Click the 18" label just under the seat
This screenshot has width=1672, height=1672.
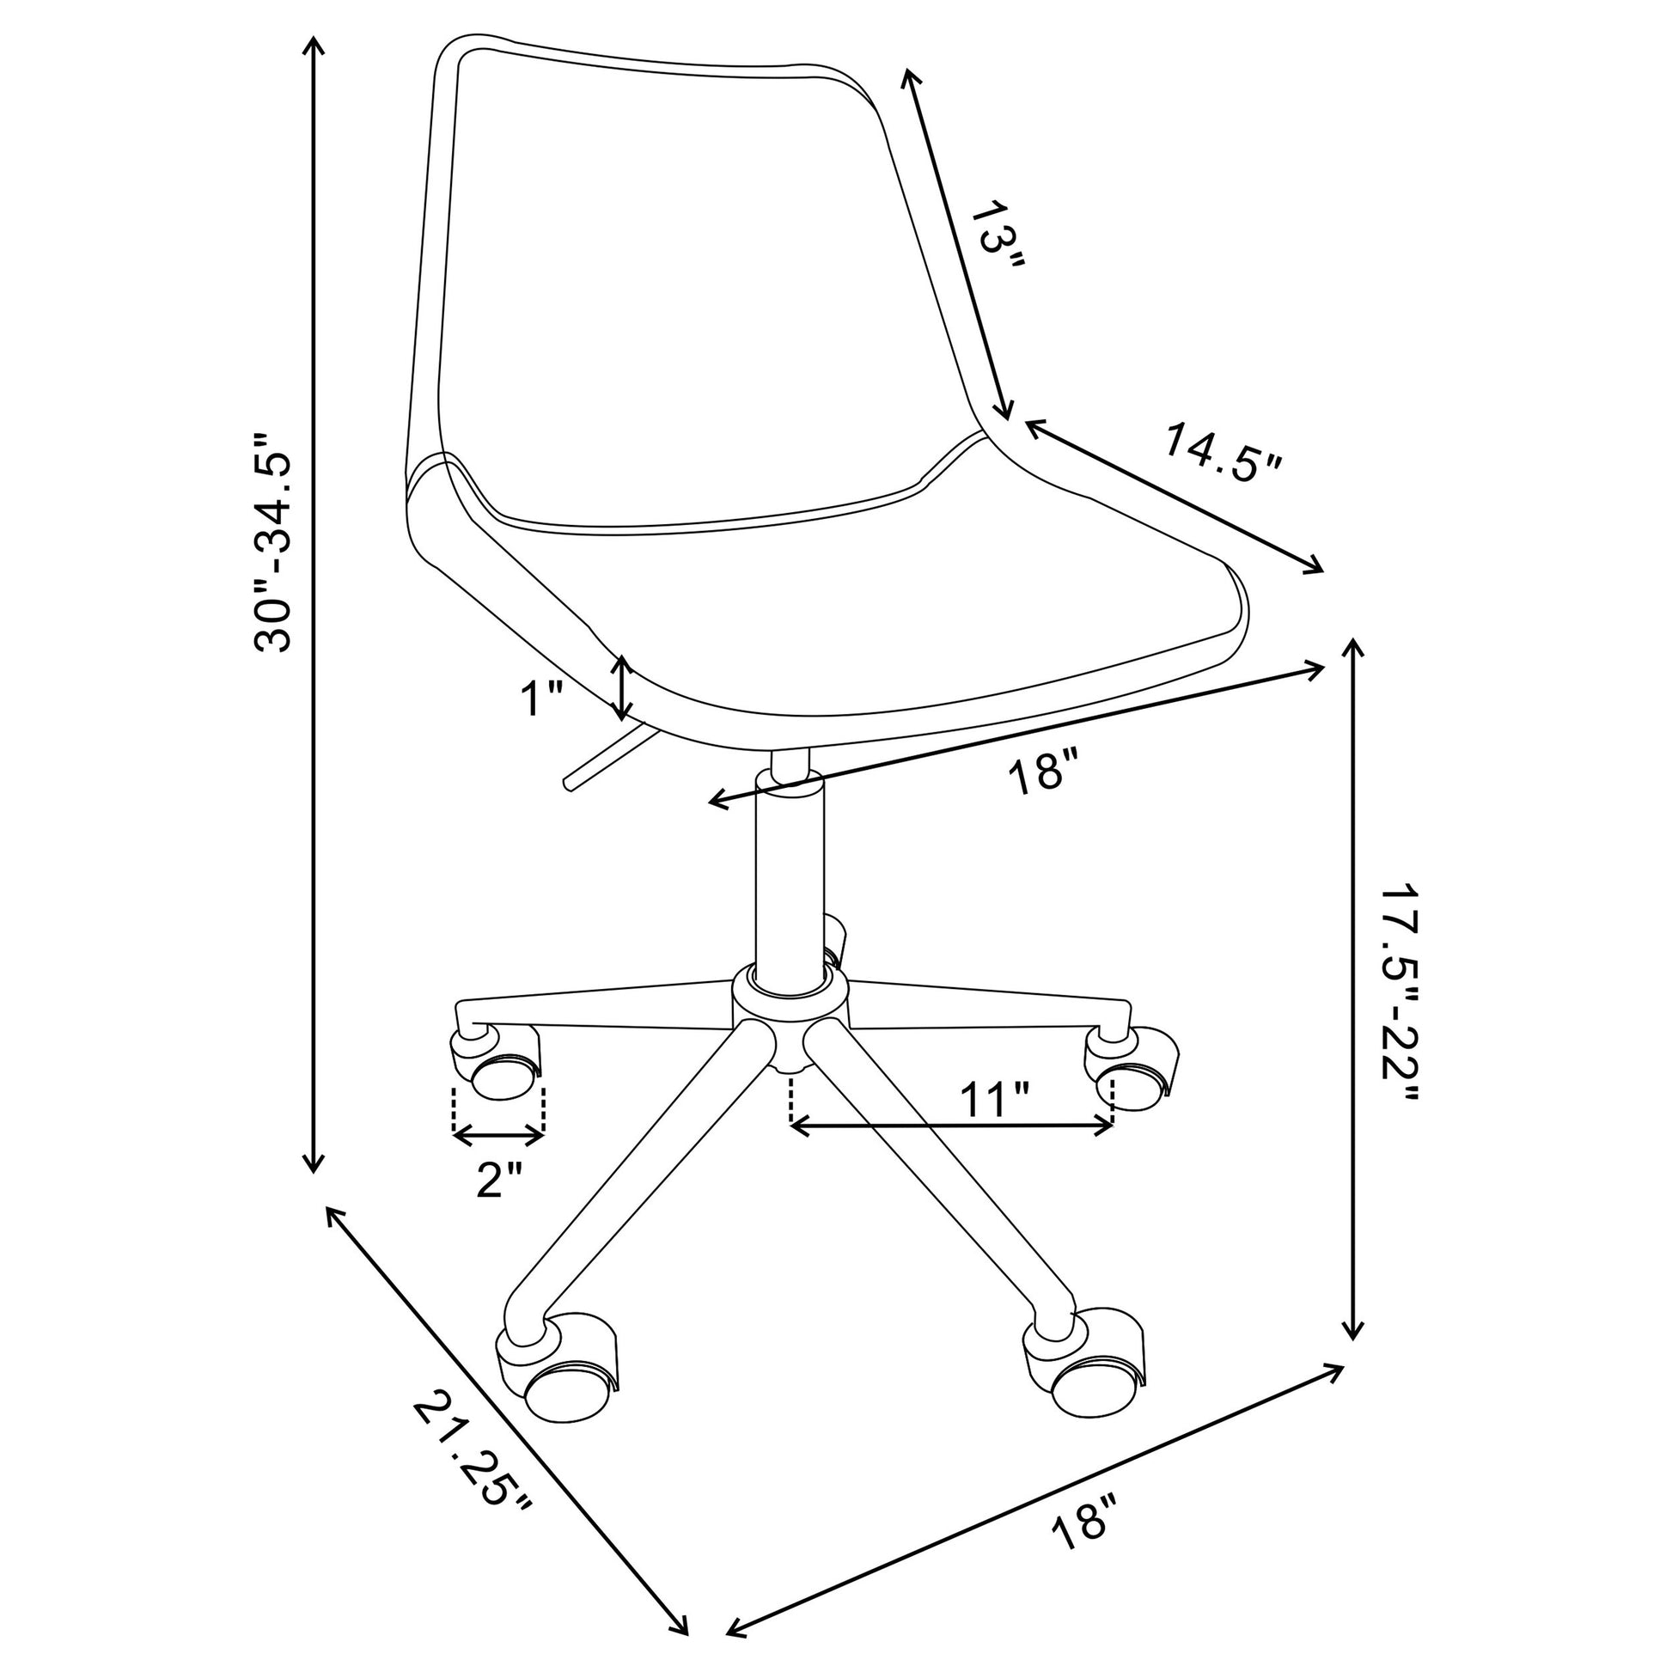[1046, 771]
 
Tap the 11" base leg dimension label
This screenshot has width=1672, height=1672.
[994, 1098]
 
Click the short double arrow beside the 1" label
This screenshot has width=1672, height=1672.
[621, 688]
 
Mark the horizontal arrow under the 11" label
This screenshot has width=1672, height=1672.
[952, 1126]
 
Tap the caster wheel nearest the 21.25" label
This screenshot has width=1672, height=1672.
[558, 1384]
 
